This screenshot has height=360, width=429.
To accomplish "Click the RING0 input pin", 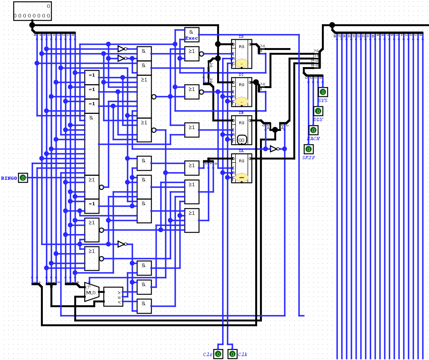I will (x=23, y=178).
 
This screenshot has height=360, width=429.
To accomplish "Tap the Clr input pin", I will (x=218, y=354).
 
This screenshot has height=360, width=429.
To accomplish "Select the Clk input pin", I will (x=232, y=354).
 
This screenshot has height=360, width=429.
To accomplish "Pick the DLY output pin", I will (x=318, y=111).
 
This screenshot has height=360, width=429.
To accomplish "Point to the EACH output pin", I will (x=313, y=130).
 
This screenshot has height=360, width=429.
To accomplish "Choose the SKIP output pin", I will (x=308, y=149).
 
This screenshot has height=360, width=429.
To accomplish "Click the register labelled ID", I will (x=241, y=54).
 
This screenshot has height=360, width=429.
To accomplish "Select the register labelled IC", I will (x=241, y=92).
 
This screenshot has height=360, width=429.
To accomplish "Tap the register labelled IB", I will (x=241, y=130).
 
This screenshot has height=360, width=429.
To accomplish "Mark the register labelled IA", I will (x=241, y=168).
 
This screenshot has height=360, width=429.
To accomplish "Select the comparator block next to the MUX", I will (x=113, y=296).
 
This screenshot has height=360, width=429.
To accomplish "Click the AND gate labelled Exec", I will (x=192, y=35).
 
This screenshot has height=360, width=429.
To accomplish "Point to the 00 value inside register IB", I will (x=242, y=140).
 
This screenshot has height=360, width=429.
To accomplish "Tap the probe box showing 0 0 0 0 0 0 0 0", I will (x=32, y=11).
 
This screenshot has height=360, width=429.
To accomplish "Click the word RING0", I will (x=9, y=178).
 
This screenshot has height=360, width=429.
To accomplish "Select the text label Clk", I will (x=242, y=354).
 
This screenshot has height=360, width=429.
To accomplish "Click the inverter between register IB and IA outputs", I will (x=274, y=149).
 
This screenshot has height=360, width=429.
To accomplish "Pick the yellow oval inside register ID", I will (x=242, y=63).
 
